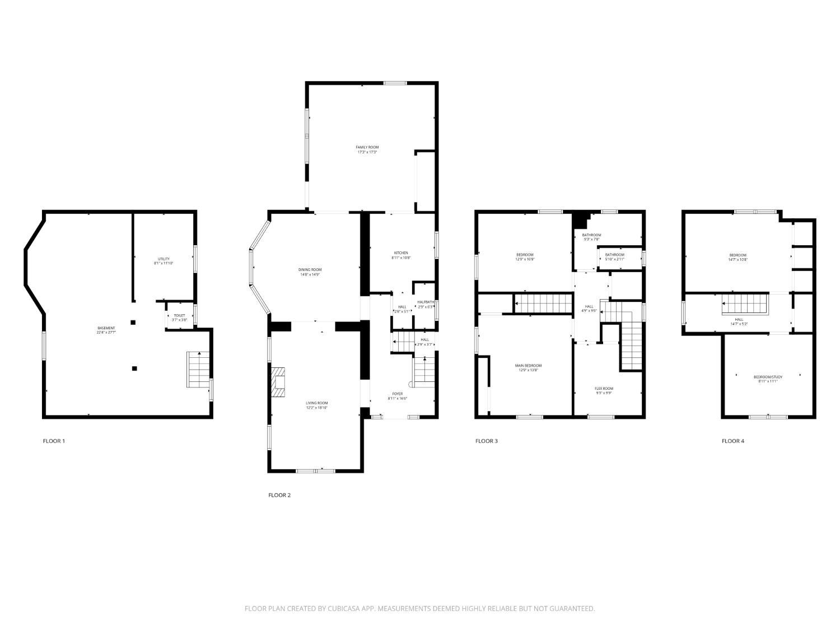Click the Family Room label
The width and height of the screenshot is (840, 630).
pyautogui.click(x=367, y=147)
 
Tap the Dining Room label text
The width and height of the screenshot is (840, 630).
pyautogui.click(x=310, y=270)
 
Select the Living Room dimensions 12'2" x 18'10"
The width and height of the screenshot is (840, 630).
pyautogui.click(x=316, y=408)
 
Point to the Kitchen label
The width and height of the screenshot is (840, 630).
pyautogui.click(x=400, y=253)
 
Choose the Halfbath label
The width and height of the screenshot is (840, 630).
pyautogui.click(x=426, y=302)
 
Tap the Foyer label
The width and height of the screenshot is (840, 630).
pyautogui.click(x=398, y=394)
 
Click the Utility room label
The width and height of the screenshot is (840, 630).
pyautogui.click(x=164, y=259)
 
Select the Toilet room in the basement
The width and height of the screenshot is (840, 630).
pyautogui.click(x=179, y=317)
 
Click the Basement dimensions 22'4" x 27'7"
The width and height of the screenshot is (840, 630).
pyautogui.click(x=106, y=333)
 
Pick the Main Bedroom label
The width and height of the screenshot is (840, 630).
pyautogui.click(x=528, y=366)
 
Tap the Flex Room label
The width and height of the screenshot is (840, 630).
pyautogui.click(x=604, y=388)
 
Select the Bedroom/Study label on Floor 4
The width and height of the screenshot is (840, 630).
pyautogui.click(x=768, y=377)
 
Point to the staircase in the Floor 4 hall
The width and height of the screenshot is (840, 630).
pyautogui.click(x=743, y=305)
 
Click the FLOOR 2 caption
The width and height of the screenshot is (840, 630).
pyautogui.click(x=279, y=495)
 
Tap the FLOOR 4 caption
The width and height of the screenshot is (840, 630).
pyautogui.click(x=732, y=441)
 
